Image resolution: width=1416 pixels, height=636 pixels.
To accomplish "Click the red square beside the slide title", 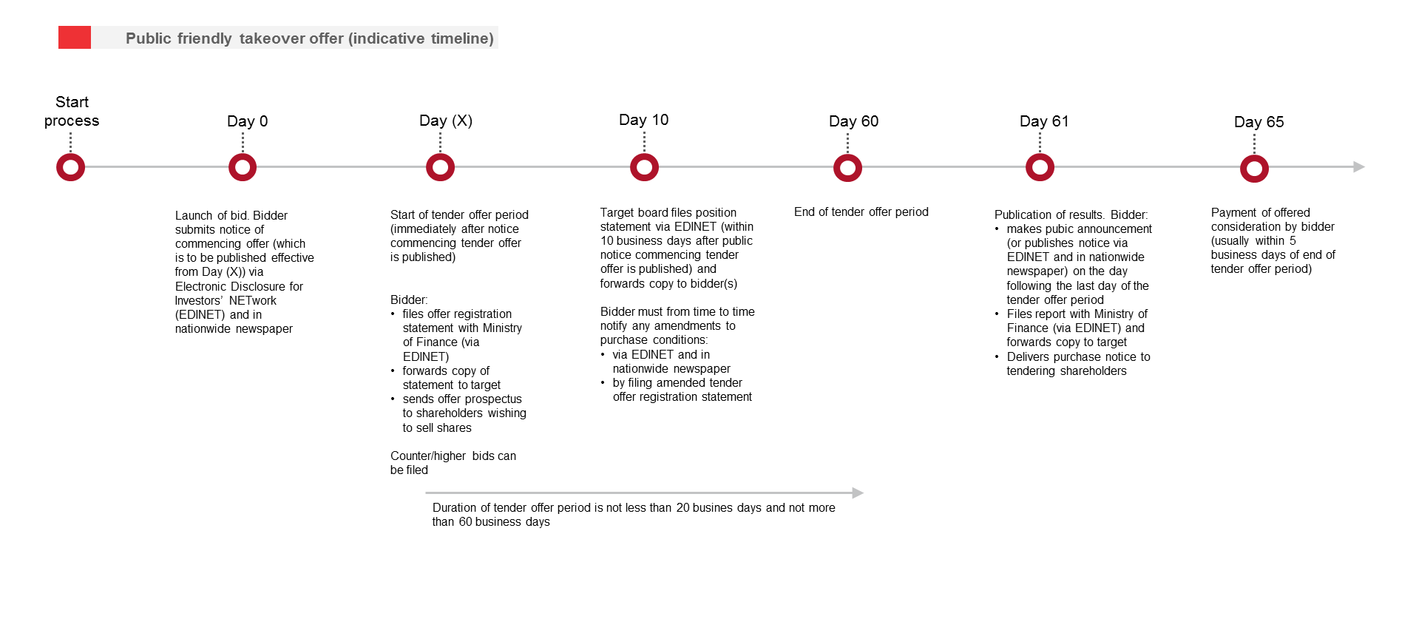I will [x=74, y=38].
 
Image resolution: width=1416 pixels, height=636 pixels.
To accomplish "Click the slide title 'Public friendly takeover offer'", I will [x=309, y=38].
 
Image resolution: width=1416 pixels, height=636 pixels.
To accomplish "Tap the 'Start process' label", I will [x=72, y=112].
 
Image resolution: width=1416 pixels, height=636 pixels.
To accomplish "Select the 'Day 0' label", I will [x=247, y=121].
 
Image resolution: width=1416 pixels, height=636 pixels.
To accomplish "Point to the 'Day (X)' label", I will [x=445, y=121].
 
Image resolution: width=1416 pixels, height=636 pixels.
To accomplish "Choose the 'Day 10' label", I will [x=643, y=120].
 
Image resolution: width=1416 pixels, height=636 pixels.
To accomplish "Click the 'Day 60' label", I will [x=853, y=121].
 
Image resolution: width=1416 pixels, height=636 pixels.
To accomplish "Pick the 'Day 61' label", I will [x=1043, y=121].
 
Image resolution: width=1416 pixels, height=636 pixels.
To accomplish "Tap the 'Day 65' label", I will [x=1259, y=122].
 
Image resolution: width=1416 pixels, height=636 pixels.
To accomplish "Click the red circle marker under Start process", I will [x=71, y=168].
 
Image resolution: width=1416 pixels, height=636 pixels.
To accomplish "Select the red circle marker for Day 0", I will [x=243, y=168].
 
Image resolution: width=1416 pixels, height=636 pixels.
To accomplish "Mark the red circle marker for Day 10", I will [x=644, y=168].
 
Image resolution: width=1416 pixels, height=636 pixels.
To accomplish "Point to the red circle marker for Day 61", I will [x=1040, y=168].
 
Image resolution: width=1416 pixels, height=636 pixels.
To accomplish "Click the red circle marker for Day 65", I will [x=1254, y=169].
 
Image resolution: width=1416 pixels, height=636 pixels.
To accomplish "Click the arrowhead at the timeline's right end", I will [x=1359, y=167].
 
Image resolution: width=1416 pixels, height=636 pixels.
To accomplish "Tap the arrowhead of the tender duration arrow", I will [x=858, y=493].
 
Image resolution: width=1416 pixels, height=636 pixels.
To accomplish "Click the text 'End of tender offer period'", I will [x=861, y=212].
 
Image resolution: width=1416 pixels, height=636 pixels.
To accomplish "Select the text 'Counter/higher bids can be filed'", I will [x=453, y=463].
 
